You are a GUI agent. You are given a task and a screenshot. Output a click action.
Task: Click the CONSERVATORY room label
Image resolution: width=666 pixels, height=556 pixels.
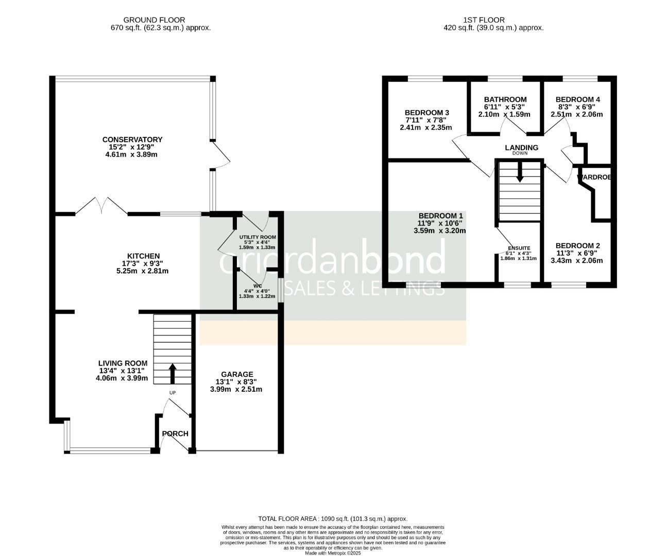pyautogui.click(x=132, y=140)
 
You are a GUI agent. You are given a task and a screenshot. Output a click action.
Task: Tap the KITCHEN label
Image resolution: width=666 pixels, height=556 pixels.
pyautogui.click(x=144, y=256)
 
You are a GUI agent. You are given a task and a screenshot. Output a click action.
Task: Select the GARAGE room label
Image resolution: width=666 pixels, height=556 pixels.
pyautogui.click(x=237, y=374)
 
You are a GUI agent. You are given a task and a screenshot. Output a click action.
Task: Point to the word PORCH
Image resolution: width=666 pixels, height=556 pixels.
pyautogui.click(x=175, y=434)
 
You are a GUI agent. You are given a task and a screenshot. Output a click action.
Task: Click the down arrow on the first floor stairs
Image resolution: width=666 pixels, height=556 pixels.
pyautogui.click(x=519, y=172)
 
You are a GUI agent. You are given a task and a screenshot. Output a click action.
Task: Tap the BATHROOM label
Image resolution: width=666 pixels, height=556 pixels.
pyautogui.click(x=505, y=100)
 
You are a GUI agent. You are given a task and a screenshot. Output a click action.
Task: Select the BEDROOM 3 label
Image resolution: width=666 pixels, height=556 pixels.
pyautogui.click(x=427, y=113)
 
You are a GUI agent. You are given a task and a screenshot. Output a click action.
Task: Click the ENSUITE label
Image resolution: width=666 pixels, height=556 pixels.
pyautogui.click(x=519, y=248)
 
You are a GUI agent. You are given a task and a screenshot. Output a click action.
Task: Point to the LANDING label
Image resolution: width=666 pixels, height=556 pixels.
pyautogui.click(x=521, y=148)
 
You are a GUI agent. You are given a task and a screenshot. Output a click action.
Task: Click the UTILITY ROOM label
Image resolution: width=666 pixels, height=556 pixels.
pyautogui.click(x=258, y=237)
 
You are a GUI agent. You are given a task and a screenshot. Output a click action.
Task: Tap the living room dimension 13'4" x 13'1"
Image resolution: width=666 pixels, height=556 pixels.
pyautogui.click(x=122, y=371)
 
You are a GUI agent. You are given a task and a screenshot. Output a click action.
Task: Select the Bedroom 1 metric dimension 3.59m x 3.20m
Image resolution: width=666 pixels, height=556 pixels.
pyautogui.click(x=439, y=231)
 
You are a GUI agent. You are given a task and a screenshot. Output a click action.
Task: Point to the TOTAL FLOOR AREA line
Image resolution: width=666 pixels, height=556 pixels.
pyautogui.click(x=332, y=519)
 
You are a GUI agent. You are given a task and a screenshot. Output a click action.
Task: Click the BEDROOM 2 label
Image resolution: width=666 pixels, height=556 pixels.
pyautogui.click(x=577, y=246)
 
